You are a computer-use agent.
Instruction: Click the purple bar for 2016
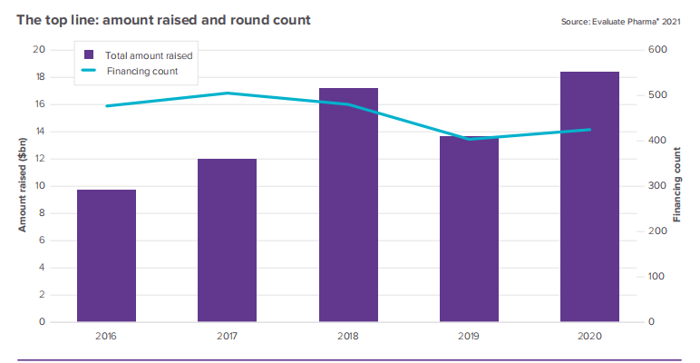pyautogui.click(x=106, y=256)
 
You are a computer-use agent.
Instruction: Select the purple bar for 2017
pyautogui.click(x=227, y=240)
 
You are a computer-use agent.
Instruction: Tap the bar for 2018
pyautogui.click(x=348, y=205)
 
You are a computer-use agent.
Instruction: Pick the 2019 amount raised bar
pyautogui.click(x=469, y=230)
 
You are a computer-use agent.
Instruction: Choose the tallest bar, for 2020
pyautogui.click(x=589, y=197)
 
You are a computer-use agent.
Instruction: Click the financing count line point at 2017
pyautogui.click(x=227, y=93)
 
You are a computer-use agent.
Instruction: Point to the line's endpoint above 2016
pyautogui.click(x=106, y=106)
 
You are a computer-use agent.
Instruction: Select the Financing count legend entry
pyautogui.click(x=141, y=71)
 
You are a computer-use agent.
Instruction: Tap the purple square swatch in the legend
pyautogui.click(x=89, y=55)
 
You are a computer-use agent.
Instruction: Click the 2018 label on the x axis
pyautogui.click(x=348, y=336)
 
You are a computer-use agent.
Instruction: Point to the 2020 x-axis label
pyautogui.click(x=589, y=336)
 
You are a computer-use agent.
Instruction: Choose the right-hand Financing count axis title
pyautogui.click(x=677, y=186)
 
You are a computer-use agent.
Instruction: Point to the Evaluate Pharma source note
pyautogui.click(x=619, y=21)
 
